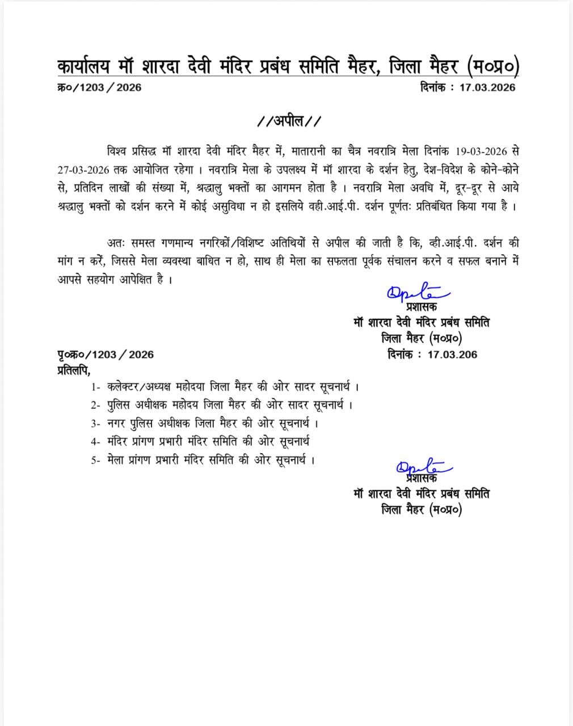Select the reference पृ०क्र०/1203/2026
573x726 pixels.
coord(106,354)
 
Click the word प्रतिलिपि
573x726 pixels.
coord(73,370)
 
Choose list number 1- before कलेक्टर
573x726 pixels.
coord(95,388)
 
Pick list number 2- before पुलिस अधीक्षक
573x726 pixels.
coord(95,406)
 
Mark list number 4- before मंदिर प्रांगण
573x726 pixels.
coord(95,441)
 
